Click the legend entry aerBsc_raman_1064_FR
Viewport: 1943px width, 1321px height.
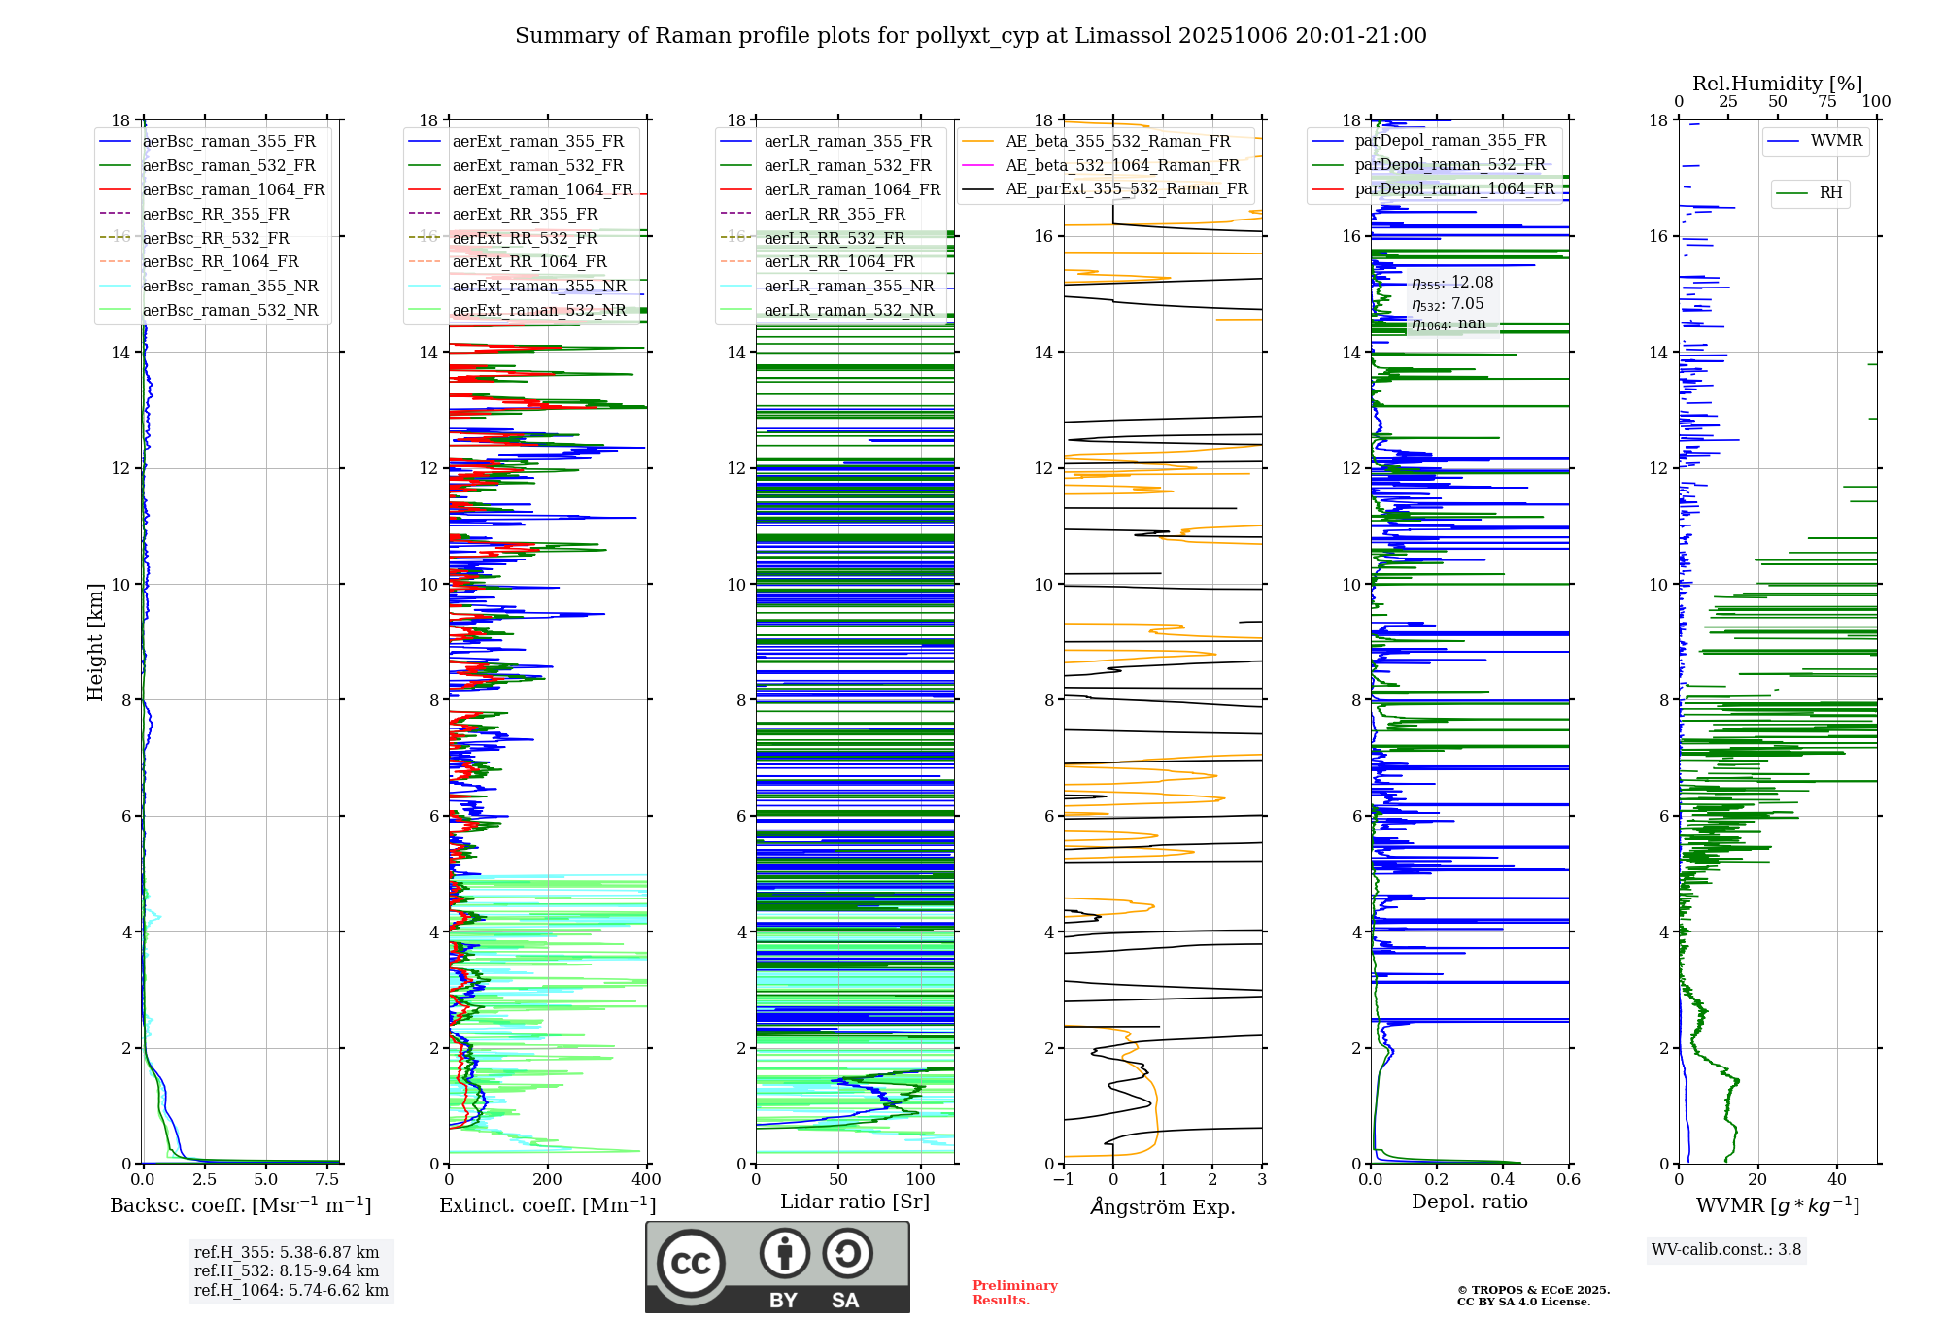[x=233, y=189]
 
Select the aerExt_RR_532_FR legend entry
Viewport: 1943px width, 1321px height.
[x=525, y=238]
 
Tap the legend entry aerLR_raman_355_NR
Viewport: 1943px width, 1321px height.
[x=848, y=286]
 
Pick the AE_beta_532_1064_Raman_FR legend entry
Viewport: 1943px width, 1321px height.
[x=1122, y=165]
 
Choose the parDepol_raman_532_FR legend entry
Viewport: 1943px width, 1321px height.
[x=1449, y=165]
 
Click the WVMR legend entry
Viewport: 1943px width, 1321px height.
[x=1836, y=141]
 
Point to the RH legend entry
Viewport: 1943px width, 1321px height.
[x=1830, y=193]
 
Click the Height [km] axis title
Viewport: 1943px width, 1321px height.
[x=95, y=641]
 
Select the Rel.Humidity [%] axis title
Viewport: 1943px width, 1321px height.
[x=1777, y=84]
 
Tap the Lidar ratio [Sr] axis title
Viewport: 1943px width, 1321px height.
[x=855, y=1202]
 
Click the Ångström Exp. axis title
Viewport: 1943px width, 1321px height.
[x=1163, y=1206]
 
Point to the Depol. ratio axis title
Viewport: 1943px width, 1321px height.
[x=1469, y=1202]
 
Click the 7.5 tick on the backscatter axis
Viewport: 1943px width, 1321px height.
[x=327, y=1179]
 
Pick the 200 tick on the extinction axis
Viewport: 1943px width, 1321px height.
[x=547, y=1179]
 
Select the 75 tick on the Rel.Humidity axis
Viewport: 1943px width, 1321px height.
[x=1827, y=102]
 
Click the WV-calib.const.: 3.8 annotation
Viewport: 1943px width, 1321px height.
[x=1726, y=1250]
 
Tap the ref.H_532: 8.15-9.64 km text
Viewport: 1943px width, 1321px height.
[x=287, y=1270]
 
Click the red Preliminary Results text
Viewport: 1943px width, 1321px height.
[x=1014, y=1293]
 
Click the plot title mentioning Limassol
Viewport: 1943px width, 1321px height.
[x=971, y=36]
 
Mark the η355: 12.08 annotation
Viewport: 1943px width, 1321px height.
[x=1452, y=283]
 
